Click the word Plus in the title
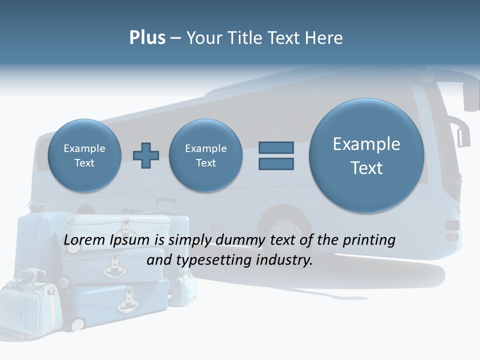point(147,38)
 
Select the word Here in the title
point(325,38)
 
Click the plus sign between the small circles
point(145,155)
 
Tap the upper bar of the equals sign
point(276,148)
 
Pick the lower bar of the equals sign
point(276,163)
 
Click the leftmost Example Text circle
point(84,155)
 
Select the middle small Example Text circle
point(205,155)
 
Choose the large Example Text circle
point(366,155)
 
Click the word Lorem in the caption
point(85,240)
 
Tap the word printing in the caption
point(368,240)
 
